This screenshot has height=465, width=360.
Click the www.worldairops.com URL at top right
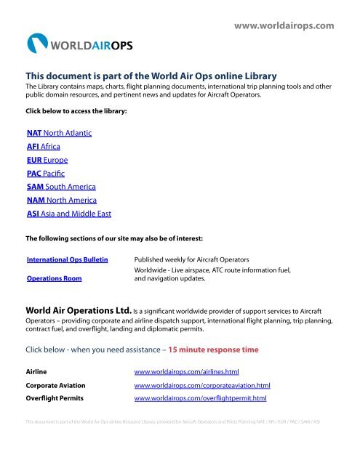[x=284, y=26]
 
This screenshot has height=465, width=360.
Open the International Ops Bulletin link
[x=69, y=259]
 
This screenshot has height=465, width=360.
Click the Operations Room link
[x=53, y=278]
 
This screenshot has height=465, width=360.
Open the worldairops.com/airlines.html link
[x=192, y=371]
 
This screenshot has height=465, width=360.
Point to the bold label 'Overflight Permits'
[x=55, y=399]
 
